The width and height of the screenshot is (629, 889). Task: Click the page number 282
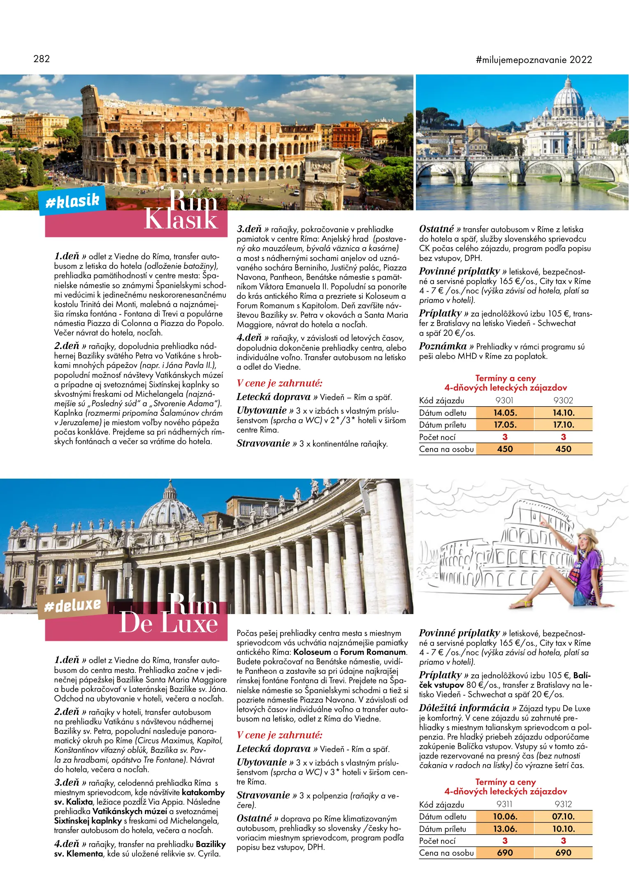[x=42, y=59]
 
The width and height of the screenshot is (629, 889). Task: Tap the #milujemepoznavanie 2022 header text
[x=534, y=60]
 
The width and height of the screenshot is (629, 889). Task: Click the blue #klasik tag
[x=72, y=201]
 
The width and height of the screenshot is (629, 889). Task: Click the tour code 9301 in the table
[x=504, y=400]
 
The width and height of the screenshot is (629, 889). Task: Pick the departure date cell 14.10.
[x=563, y=413]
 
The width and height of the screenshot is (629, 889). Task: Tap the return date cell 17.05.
[x=505, y=425]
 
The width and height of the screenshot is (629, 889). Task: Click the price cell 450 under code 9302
[x=563, y=449]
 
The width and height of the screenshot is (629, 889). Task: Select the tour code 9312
[x=563, y=804]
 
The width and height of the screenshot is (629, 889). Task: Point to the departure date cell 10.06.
[x=505, y=817]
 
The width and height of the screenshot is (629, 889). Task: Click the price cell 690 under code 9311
[x=505, y=853]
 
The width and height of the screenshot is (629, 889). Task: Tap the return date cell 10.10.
[x=563, y=828]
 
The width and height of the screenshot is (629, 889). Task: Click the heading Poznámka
[x=443, y=347]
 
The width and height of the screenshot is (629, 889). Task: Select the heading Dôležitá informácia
[x=464, y=708]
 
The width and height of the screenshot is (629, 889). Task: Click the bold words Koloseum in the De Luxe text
[x=312, y=652]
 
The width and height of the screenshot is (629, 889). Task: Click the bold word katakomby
[x=203, y=792]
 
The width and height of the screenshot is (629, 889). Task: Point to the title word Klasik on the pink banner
[x=181, y=219]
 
